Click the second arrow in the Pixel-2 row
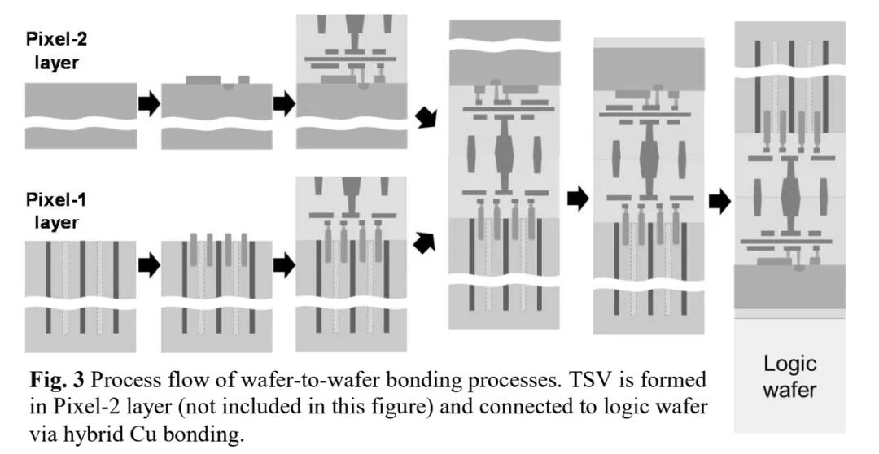point(283,104)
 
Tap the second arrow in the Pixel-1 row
point(283,265)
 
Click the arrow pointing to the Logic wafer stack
point(719,201)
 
